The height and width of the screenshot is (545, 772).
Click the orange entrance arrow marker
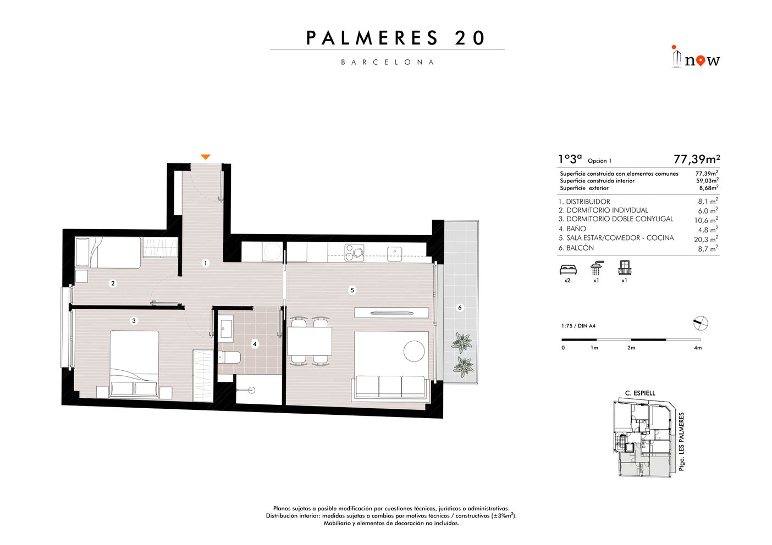tap(206, 157)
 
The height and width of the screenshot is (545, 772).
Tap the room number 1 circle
tap(206, 263)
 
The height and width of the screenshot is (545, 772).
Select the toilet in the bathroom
tap(229, 357)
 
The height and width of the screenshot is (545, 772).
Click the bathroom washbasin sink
tap(227, 325)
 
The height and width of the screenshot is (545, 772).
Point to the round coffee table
tap(414, 351)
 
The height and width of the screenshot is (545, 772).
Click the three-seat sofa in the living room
tap(390, 388)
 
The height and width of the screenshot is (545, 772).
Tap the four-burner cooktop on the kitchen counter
tap(355, 253)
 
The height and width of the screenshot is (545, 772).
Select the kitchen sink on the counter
tap(395, 254)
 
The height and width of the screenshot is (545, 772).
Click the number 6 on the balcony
tap(460, 308)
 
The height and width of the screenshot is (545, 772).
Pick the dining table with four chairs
tap(310, 341)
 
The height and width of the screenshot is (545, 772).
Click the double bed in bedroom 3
tap(134, 364)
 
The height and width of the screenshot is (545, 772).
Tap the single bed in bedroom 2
tap(108, 252)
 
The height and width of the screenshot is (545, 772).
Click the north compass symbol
tap(701, 324)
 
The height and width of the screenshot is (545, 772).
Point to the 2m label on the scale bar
tap(631, 348)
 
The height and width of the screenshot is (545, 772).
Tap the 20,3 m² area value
tap(706, 239)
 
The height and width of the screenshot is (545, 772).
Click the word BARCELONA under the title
tap(388, 62)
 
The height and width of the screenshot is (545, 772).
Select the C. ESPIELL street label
tap(641, 393)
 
